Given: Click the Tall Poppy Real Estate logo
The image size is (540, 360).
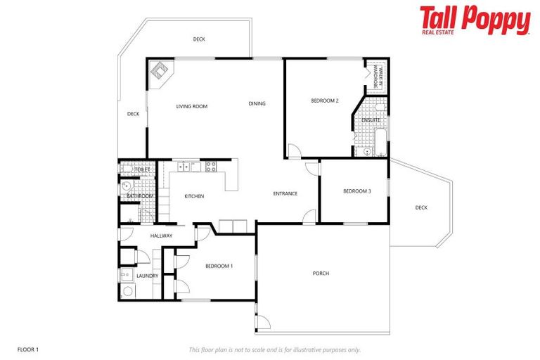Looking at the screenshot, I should (475, 20).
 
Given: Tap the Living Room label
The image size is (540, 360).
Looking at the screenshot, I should (191, 106).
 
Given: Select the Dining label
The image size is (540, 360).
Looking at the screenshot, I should (257, 104).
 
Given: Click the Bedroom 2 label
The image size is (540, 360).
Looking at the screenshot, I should (325, 101).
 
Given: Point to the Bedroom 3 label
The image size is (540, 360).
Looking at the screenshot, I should (357, 191).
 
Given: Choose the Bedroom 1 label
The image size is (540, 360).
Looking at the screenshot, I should (219, 266).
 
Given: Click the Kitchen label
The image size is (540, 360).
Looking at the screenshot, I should (194, 196).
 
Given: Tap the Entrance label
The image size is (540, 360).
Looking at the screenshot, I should (285, 194).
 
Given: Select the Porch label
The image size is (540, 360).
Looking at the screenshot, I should (321, 274).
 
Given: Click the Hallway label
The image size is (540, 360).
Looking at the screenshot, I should (161, 236).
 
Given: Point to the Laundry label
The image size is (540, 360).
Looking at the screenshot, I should (147, 276).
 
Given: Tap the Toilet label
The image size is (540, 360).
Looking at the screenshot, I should (143, 169).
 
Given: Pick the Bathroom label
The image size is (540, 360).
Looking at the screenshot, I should (140, 196).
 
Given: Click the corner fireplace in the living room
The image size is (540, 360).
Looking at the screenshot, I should (160, 72).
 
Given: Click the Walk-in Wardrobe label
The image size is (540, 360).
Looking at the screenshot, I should (376, 75).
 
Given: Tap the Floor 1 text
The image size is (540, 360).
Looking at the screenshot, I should (27, 349).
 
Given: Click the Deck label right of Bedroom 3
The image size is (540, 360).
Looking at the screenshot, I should (421, 207).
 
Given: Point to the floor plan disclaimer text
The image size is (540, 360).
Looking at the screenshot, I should (275, 349).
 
